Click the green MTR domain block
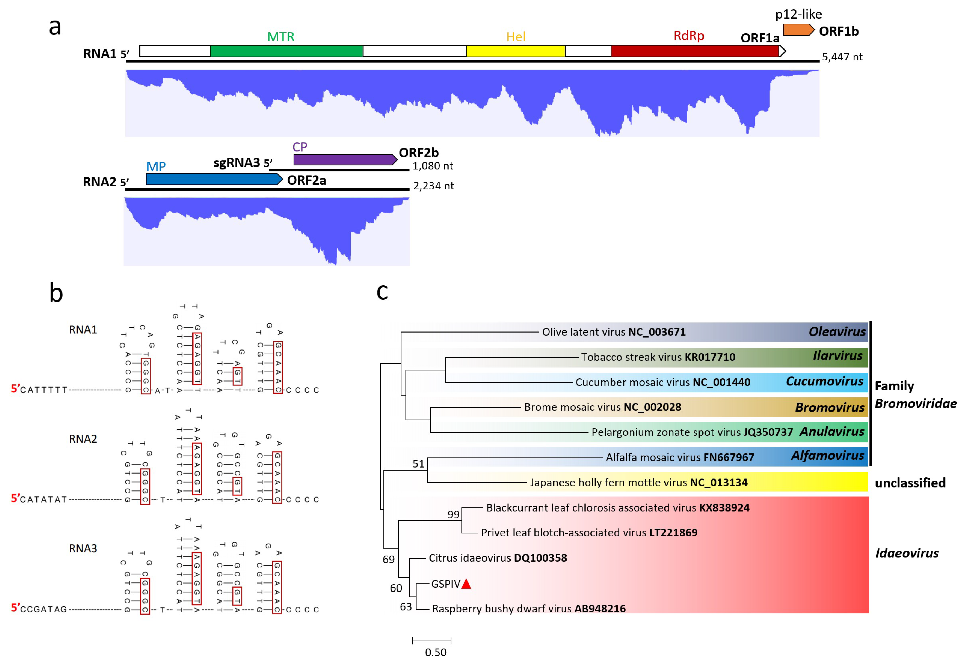287,51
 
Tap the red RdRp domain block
694,51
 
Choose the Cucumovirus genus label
824,381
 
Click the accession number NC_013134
718,482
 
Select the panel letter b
56,293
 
